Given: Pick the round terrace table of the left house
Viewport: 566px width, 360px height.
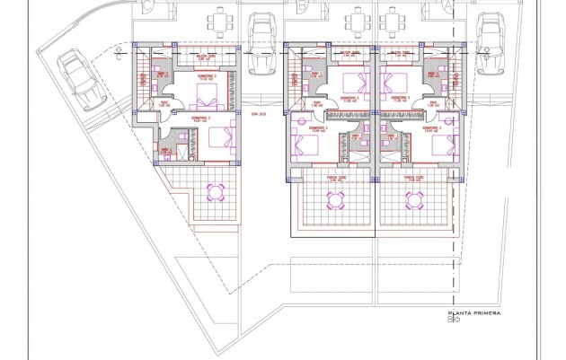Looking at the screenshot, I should (217, 191).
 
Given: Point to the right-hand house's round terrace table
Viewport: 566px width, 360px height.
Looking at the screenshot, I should (416, 199).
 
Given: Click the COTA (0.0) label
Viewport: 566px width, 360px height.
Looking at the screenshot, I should (261, 115).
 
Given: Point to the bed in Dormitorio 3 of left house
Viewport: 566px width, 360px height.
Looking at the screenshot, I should (218, 136).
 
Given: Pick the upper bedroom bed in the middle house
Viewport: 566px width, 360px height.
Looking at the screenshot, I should (349, 85).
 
